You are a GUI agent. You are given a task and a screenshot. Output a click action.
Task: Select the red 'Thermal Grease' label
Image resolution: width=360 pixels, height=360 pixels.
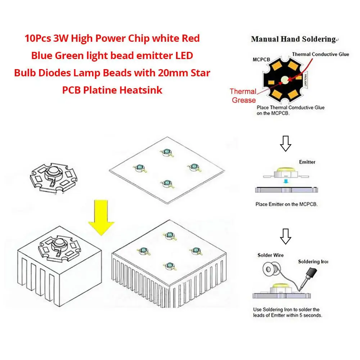tap(243, 96)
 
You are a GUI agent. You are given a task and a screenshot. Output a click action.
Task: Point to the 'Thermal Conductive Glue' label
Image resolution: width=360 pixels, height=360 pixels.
tap(320, 54)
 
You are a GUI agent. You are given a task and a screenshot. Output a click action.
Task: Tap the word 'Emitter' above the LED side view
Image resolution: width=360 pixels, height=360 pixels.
tap(307, 162)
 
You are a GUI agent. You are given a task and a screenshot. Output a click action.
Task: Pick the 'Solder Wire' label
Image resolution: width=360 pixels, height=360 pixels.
tap(270, 255)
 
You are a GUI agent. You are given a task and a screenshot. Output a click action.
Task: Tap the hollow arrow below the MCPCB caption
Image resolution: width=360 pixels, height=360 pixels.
tap(285, 144)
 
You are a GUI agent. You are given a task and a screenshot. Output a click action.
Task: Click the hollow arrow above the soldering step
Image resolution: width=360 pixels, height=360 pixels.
tap(285, 236)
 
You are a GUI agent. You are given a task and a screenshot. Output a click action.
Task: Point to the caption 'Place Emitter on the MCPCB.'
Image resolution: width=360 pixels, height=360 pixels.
tap(287, 204)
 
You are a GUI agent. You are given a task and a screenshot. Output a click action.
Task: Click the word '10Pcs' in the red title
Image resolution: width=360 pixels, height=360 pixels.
tap(37, 39)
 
